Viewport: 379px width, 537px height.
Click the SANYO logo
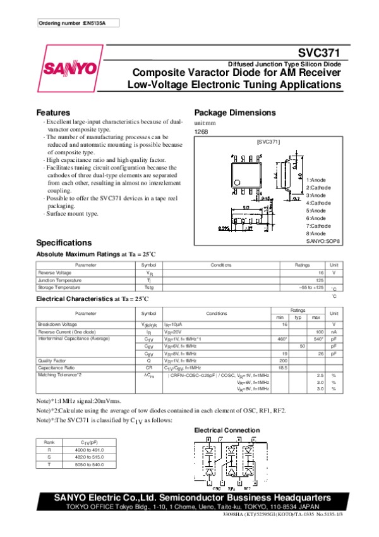click(x=69, y=68)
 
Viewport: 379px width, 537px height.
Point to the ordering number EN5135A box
click(x=76, y=23)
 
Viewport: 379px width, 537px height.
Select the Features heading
click(x=53, y=113)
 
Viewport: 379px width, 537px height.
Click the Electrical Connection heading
click(x=226, y=430)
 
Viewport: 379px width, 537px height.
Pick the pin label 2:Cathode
click(x=319, y=188)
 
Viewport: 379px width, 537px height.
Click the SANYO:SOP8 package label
click(x=323, y=241)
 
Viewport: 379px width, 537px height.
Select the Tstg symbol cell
click(x=148, y=287)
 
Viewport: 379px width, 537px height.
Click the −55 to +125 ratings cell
click(x=311, y=287)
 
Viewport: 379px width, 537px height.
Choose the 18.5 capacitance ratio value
click(x=283, y=367)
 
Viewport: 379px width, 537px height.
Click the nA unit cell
click(x=333, y=332)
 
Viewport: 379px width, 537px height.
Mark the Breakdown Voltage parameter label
click(x=57, y=324)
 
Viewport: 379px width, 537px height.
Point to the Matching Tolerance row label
click(x=60, y=374)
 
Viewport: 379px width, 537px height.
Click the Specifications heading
click(x=64, y=243)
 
